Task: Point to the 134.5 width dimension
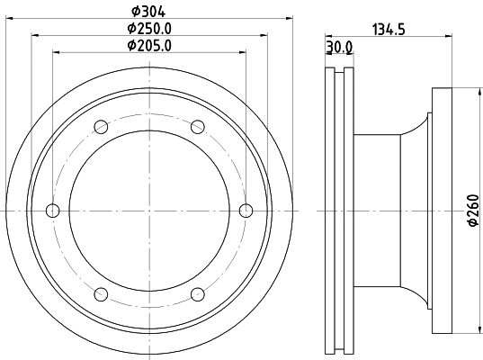(389, 29)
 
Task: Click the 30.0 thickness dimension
(338, 46)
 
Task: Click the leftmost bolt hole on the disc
(52, 211)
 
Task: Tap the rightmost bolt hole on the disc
(246, 211)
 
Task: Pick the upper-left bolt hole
(101, 126)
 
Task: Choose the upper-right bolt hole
(198, 126)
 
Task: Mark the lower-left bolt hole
(101, 294)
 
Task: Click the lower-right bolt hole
(198, 294)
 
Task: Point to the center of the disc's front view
(149, 211)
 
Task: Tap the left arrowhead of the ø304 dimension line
(8, 19)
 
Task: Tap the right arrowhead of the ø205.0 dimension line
(244, 53)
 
